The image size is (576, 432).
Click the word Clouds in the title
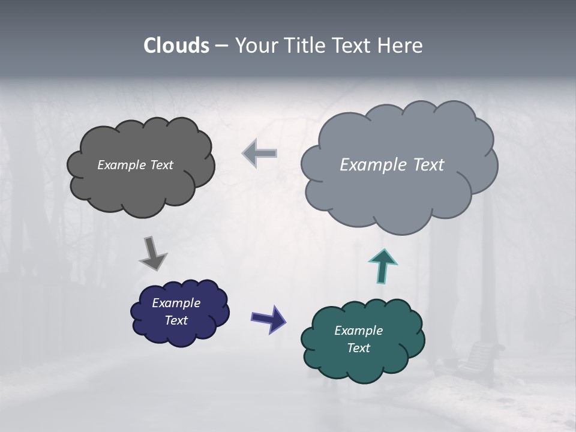click(x=176, y=46)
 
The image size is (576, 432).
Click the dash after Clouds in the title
click(x=221, y=46)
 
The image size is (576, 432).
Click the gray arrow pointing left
click(x=260, y=154)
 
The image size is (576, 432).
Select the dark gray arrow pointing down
click(x=152, y=253)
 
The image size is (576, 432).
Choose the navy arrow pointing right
click(x=268, y=318)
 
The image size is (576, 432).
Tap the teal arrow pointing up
click(x=383, y=266)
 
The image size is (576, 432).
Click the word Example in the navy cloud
click(x=176, y=303)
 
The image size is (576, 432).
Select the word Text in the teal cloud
click(x=358, y=348)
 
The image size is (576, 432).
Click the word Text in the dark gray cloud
click(x=161, y=165)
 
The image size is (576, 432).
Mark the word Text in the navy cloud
click(x=176, y=320)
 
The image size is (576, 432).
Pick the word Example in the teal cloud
click(x=358, y=331)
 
